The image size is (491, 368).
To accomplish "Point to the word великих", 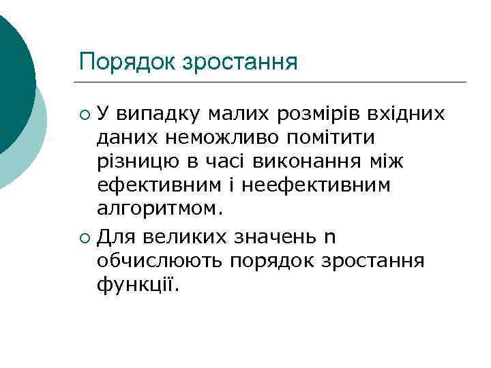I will click(x=192, y=237).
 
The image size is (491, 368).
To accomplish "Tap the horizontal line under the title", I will click(x=273, y=82).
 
